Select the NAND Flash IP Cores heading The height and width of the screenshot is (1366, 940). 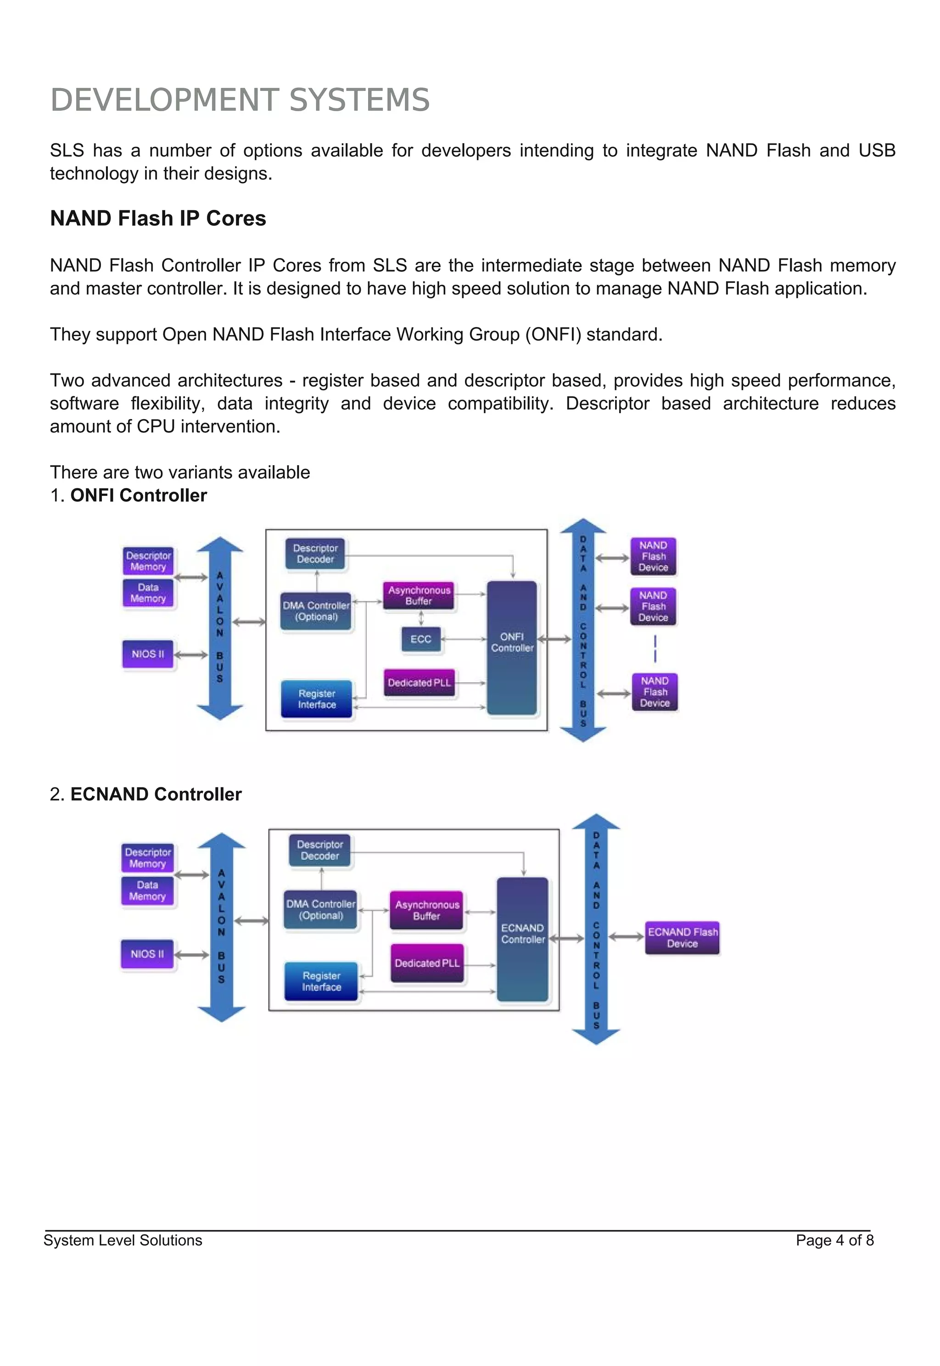[158, 218]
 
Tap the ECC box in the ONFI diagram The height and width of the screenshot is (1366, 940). [420, 639]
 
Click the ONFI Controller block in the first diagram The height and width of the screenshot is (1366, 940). [512, 648]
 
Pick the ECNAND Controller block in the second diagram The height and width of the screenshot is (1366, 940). [522, 939]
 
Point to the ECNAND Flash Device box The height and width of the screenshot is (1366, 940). [682, 937]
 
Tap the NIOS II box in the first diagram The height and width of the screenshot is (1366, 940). [148, 654]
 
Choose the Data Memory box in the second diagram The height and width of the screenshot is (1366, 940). [147, 891]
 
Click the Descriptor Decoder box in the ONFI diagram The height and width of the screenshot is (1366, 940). [315, 554]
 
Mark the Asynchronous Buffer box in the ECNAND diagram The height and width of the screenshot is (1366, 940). [427, 910]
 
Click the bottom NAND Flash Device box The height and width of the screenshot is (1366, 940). [655, 692]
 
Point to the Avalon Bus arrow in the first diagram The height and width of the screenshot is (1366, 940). [220, 627]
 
